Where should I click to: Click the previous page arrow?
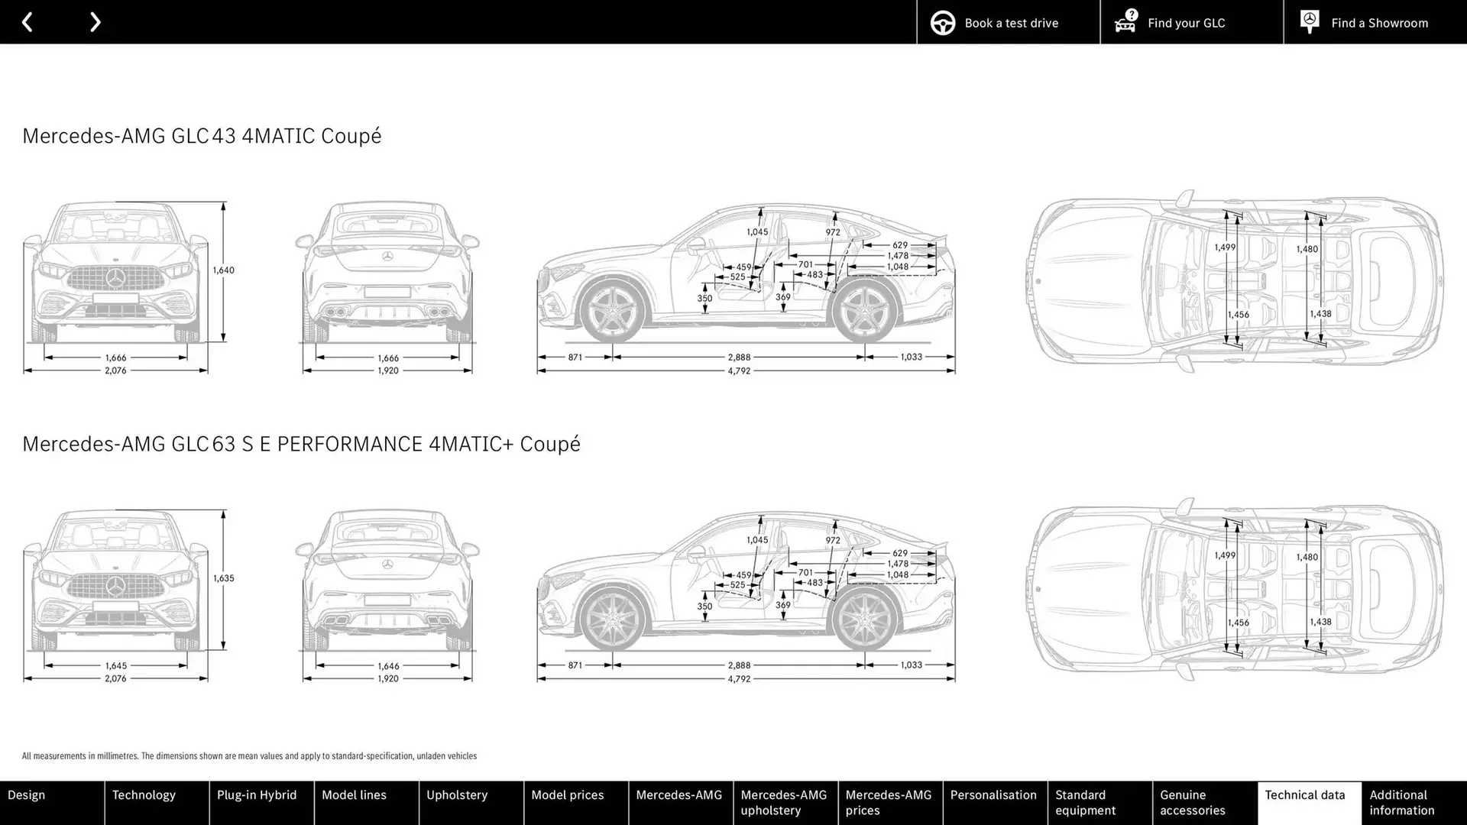coord(28,22)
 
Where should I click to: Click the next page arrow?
coord(95,22)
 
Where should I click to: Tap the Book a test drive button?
coord(1008,22)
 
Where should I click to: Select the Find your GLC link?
coord(1191,22)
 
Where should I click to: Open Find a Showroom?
coord(1375,22)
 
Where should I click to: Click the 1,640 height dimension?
coord(223,270)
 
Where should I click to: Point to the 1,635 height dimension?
coord(223,578)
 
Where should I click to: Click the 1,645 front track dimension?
coord(115,666)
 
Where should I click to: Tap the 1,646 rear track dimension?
coord(388,666)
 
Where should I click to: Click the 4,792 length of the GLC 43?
coord(739,371)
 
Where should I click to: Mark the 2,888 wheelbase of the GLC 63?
coord(739,665)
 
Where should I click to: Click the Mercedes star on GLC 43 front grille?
coord(115,278)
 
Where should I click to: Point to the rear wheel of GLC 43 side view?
coord(864,311)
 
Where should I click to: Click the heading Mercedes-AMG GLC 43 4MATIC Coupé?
coord(202,136)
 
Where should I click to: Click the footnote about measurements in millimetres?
coord(249,756)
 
